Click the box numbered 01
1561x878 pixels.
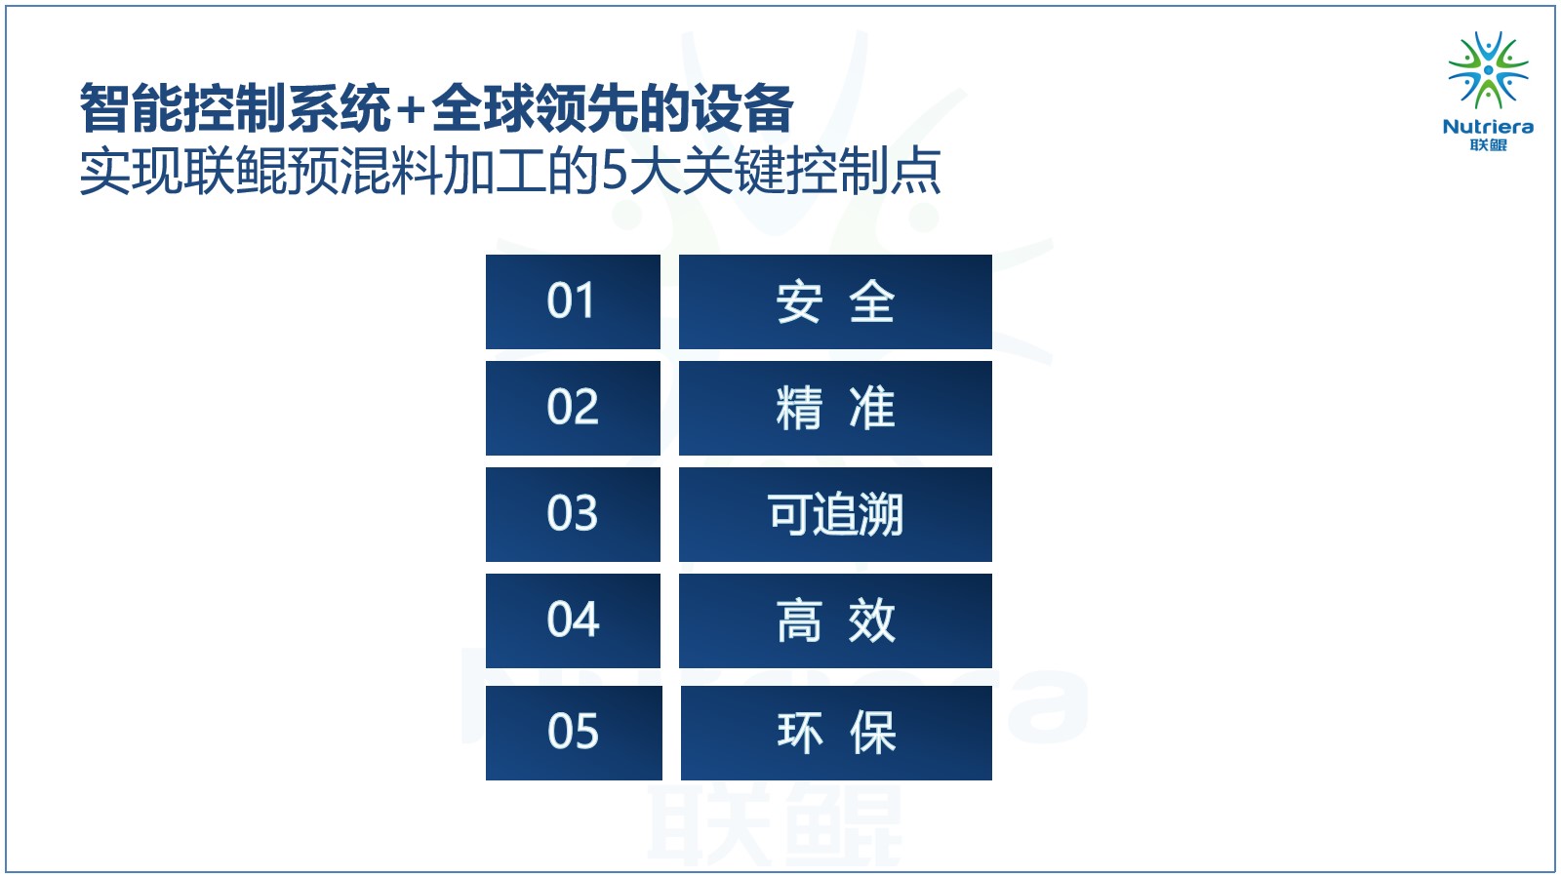(573, 301)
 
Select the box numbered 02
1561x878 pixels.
(573, 409)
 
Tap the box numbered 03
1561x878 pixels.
(573, 514)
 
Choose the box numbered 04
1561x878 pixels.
(573, 620)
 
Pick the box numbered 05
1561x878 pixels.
(574, 733)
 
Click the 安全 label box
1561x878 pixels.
(835, 301)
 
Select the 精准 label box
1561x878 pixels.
(835, 409)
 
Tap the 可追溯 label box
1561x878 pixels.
(835, 514)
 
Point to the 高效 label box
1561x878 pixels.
(835, 620)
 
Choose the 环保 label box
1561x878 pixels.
(836, 733)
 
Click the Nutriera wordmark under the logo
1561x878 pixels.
(1488, 127)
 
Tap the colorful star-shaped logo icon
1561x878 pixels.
(1489, 69)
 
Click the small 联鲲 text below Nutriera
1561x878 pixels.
(1489, 145)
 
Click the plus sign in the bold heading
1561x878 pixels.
(411, 109)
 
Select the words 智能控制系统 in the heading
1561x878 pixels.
(235, 108)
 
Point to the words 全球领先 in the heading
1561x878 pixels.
(535, 108)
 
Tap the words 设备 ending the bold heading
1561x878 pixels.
(742, 108)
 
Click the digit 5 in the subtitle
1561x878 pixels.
(615, 171)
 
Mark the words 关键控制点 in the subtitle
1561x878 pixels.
(812, 171)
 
